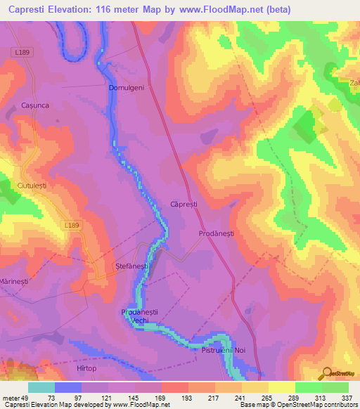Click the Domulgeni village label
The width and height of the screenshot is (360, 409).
127,88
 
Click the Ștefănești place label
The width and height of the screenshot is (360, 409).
131,267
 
